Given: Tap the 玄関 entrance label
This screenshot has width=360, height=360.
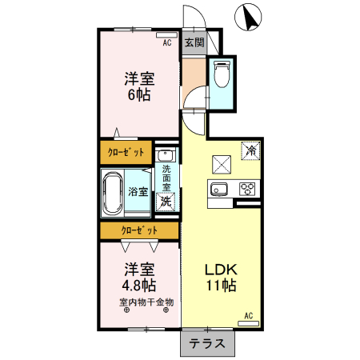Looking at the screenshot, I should (x=194, y=42).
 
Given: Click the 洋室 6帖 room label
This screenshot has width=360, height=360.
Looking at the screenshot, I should (x=138, y=86).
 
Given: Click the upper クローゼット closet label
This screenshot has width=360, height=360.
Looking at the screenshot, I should (x=126, y=151).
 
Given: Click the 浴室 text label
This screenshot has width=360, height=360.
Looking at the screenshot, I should (x=138, y=192).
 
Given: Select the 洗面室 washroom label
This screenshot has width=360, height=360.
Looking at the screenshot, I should (x=166, y=180).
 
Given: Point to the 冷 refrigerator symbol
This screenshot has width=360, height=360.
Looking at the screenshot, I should (x=250, y=150).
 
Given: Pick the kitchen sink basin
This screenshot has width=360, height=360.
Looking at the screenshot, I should (x=219, y=190).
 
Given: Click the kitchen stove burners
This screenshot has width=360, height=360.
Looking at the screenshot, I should (x=247, y=190).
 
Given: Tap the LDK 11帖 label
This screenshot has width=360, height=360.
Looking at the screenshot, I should (x=220, y=275).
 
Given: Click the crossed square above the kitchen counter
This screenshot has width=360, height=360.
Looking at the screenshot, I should (x=221, y=165).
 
